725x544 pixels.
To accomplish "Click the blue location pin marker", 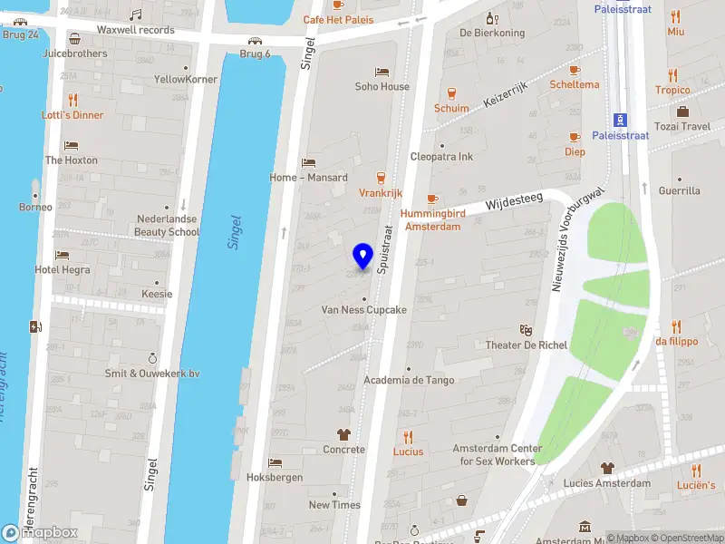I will (363, 257).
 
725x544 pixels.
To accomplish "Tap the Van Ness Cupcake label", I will (363, 309).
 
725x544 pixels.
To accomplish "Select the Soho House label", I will (382, 87).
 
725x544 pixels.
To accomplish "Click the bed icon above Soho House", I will (382, 72).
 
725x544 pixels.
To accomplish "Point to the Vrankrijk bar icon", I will (381, 178).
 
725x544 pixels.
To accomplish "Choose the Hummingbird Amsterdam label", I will (432, 219).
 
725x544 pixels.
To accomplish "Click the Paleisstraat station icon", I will (621, 120).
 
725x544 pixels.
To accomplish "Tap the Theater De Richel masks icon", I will (526, 330).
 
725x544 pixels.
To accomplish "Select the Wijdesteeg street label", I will (513, 203).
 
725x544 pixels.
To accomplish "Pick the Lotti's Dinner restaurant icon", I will (72, 100).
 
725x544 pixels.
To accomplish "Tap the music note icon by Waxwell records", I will (136, 15).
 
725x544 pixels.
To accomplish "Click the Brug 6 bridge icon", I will (256, 40).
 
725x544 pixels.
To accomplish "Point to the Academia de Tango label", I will (409, 380).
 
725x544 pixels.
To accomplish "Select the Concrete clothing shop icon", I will (344, 434).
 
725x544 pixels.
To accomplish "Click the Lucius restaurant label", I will (408, 451).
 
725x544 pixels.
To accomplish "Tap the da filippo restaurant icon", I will (676, 326).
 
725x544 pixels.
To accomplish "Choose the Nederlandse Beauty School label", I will (168, 226).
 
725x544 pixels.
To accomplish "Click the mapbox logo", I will (40, 533).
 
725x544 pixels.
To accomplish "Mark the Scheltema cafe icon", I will (574, 70).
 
